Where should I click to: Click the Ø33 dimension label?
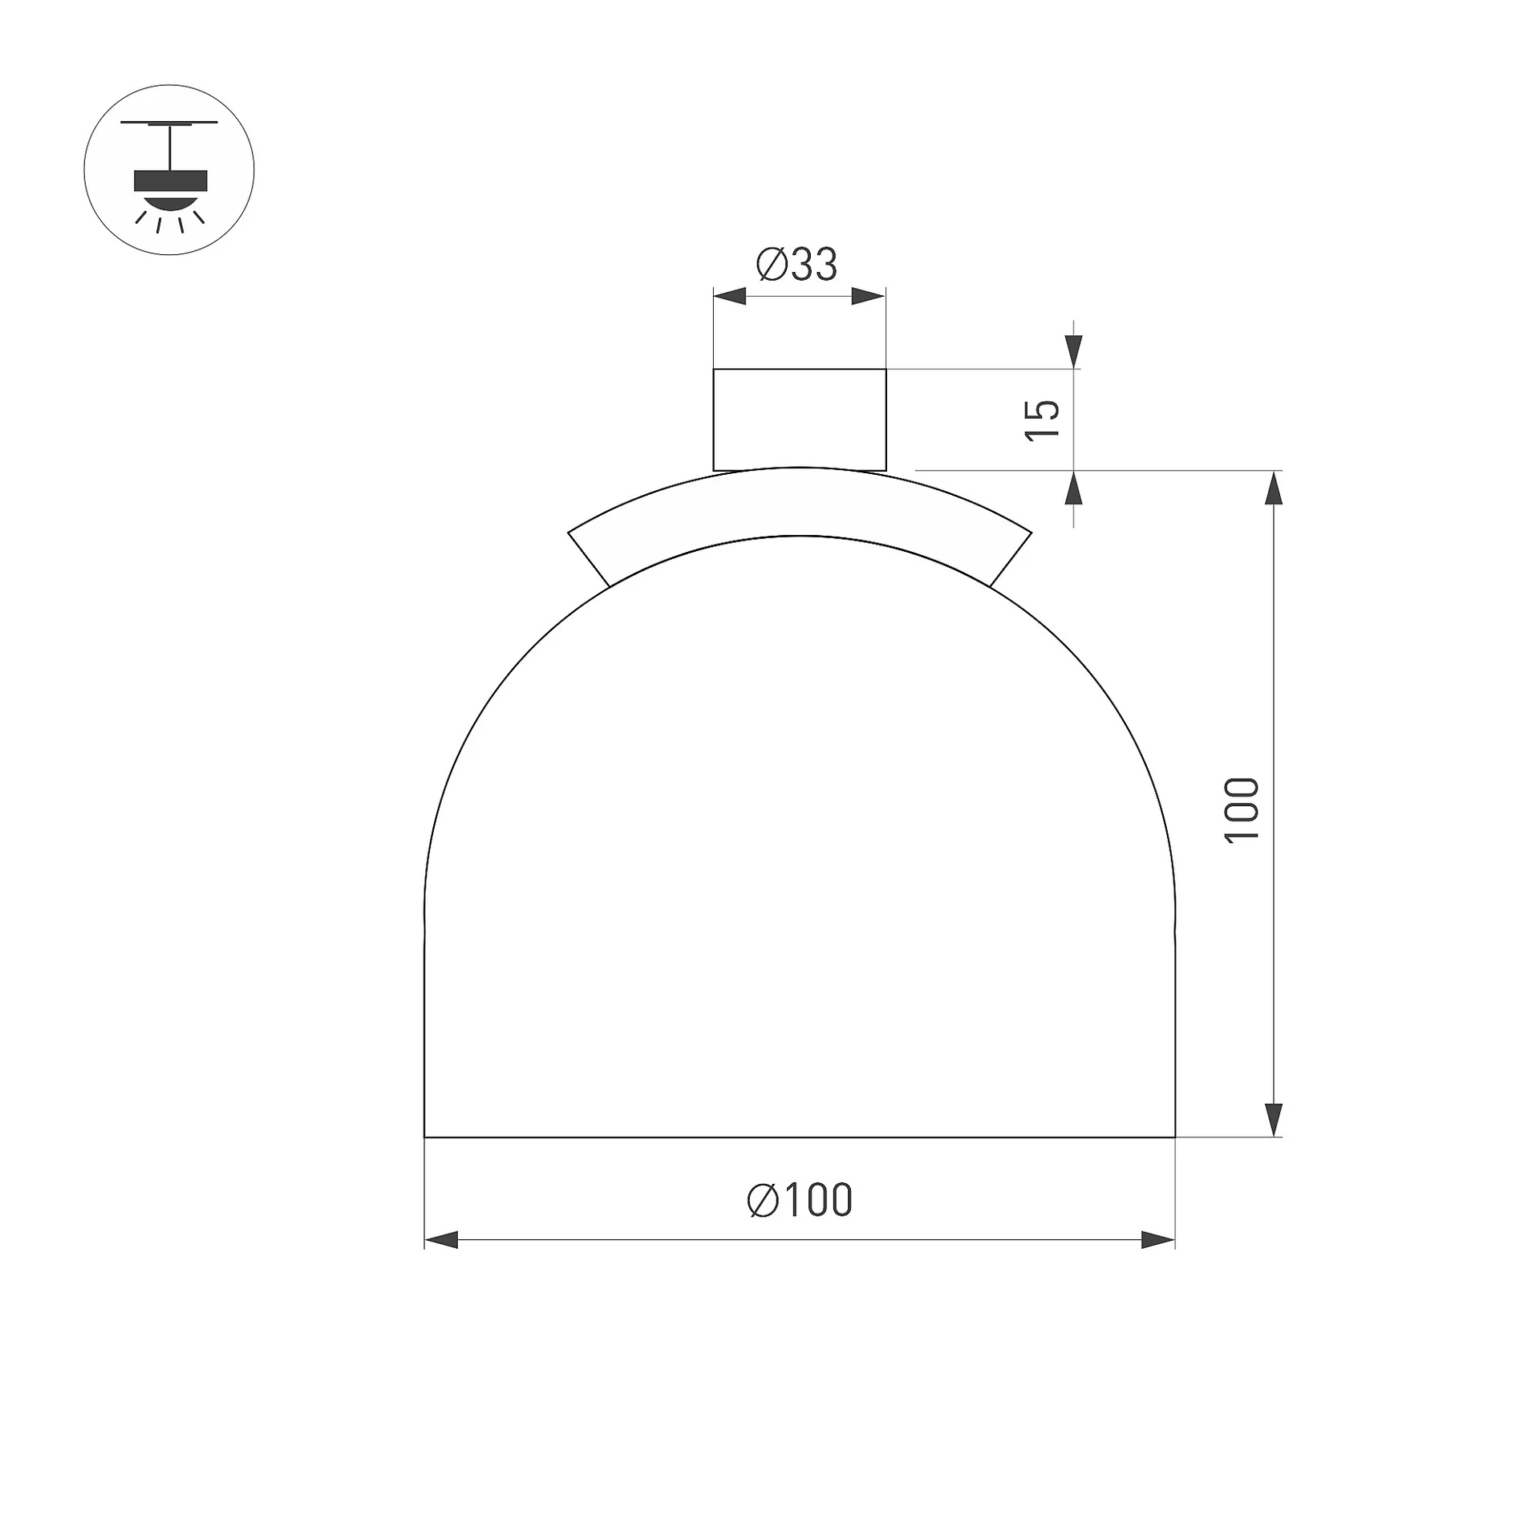click(796, 264)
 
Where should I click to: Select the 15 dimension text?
click(1043, 419)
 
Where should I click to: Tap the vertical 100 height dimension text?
click(1242, 810)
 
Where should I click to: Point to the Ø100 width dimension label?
click(800, 1201)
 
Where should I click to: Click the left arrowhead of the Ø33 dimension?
click(730, 296)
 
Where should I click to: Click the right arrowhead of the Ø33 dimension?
click(869, 296)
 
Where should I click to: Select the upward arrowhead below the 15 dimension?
click(1074, 488)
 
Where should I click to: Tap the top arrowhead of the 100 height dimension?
click(1274, 488)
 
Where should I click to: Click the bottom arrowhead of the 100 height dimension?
click(1274, 1120)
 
